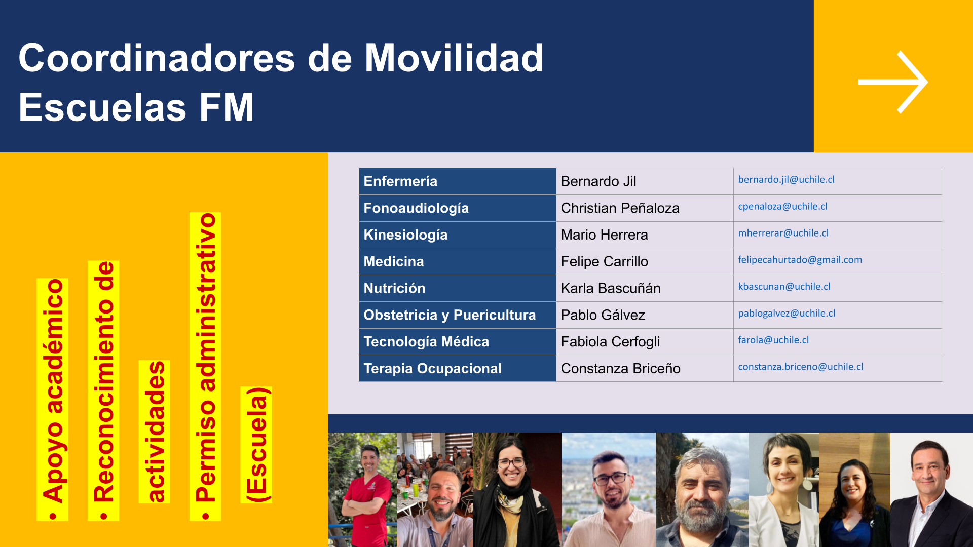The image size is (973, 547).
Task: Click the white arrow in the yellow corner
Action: (893, 82)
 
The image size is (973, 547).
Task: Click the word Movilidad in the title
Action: (454, 58)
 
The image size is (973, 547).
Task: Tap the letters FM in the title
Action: (227, 107)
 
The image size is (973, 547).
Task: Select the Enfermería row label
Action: (400, 181)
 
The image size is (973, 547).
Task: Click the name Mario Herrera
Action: (604, 235)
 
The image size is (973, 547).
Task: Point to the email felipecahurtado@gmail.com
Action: (800, 260)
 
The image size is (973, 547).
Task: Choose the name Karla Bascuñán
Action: (611, 288)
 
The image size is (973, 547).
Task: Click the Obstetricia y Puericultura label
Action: (450, 315)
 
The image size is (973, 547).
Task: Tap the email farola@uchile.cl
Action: (773, 340)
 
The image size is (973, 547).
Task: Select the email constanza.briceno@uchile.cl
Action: (800, 367)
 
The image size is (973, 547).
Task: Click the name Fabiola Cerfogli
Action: (610, 342)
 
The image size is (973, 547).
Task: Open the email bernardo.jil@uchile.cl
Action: (786, 180)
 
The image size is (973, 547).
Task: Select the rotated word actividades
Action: (155, 432)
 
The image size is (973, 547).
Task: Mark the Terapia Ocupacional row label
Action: (432, 369)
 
